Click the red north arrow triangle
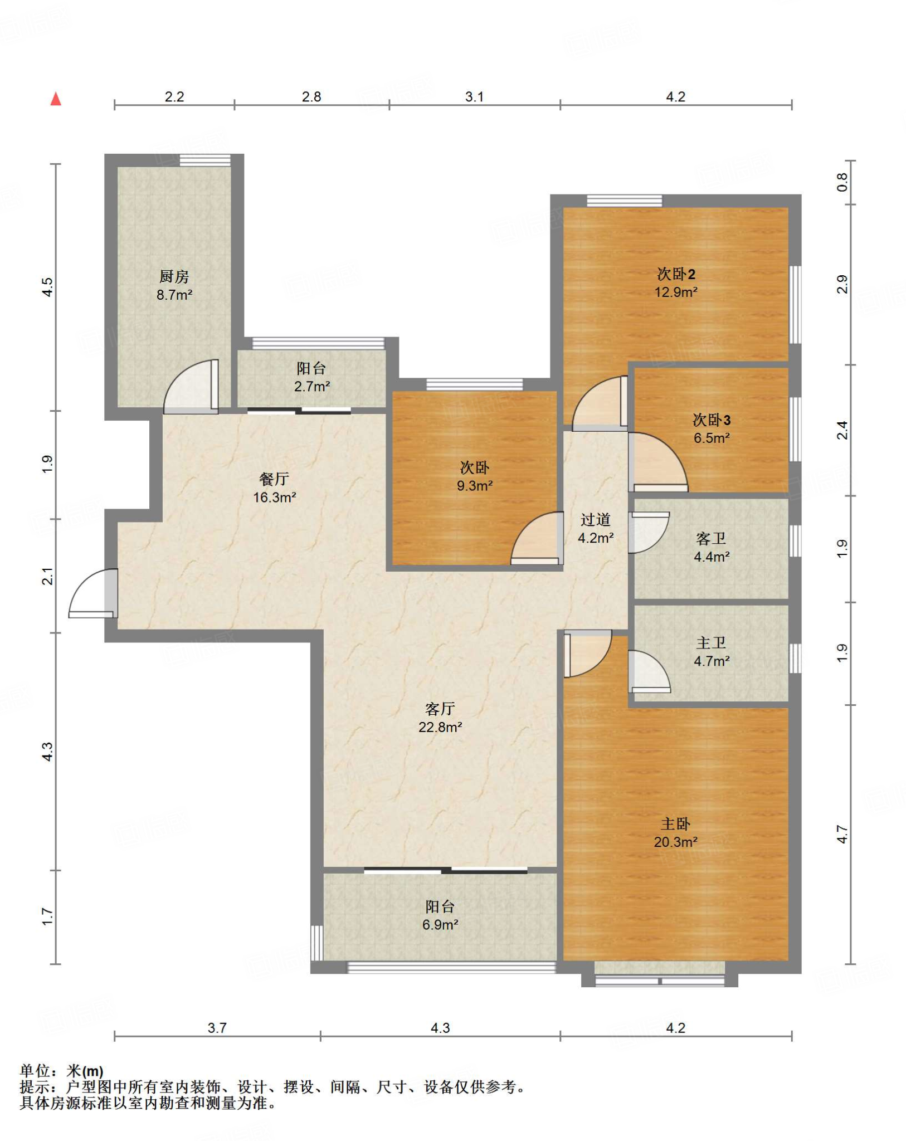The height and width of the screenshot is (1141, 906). (56, 99)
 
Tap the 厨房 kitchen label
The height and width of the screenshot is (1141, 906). (174, 276)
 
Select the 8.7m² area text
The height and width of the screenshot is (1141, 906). (174, 295)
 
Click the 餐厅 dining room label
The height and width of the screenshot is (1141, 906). (274, 479)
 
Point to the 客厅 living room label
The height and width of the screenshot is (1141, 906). (440, 709)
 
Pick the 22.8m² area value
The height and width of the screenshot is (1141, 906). (440, 727)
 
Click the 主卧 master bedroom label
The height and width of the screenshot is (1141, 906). (675, 823)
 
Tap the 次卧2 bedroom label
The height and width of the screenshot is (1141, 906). (676, 274)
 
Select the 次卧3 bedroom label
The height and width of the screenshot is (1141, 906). (712, 420)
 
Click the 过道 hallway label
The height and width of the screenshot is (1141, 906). (596, 519)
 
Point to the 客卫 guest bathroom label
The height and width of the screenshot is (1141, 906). (712, 538)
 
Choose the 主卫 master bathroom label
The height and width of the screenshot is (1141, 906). (712, 642)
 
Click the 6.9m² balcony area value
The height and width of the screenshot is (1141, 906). (440, 925)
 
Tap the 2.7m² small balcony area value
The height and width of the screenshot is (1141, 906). (312, 386)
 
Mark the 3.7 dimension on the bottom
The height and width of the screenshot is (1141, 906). (217, 1028)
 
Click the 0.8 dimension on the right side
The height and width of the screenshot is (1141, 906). (842, 182)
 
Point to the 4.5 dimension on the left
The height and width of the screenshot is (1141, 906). (48, 287)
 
